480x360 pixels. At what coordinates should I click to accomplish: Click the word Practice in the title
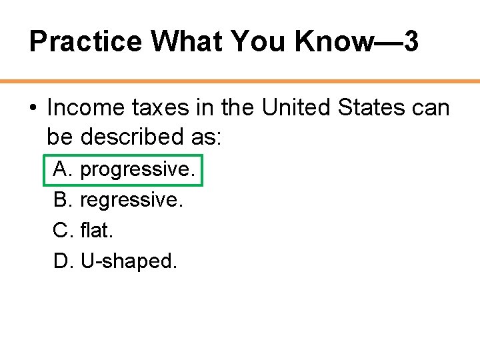(86, 42)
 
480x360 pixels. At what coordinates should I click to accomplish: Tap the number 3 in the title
(411, 42)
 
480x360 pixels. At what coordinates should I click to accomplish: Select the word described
(148, 137)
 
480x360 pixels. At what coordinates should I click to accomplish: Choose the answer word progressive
(138, 170)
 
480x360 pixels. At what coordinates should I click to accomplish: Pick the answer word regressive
(131, 200)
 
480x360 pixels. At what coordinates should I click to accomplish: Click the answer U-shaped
(129, 261)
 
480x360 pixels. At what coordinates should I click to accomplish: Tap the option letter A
(62, 169)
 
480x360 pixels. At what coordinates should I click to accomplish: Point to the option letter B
(62, 200)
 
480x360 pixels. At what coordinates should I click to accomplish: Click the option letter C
(62, 231)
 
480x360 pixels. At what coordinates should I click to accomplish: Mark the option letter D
(62, 261)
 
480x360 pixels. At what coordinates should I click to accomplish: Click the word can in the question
(433, 107)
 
